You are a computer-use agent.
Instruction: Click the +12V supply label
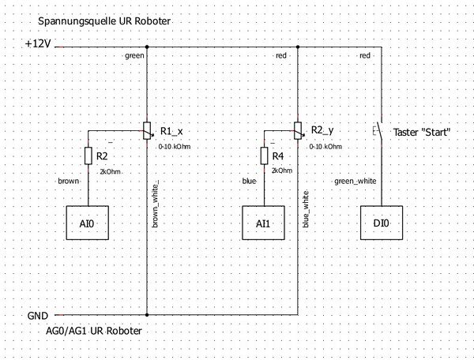tap(39, 44)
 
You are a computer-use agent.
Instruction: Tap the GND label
tap(38, 315)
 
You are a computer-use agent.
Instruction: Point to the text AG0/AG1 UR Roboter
tap(95, 332)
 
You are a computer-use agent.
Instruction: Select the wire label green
tap(134, 56)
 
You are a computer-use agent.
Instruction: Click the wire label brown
tap(70, 181)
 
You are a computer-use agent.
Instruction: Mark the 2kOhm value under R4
tap(281, 171)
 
